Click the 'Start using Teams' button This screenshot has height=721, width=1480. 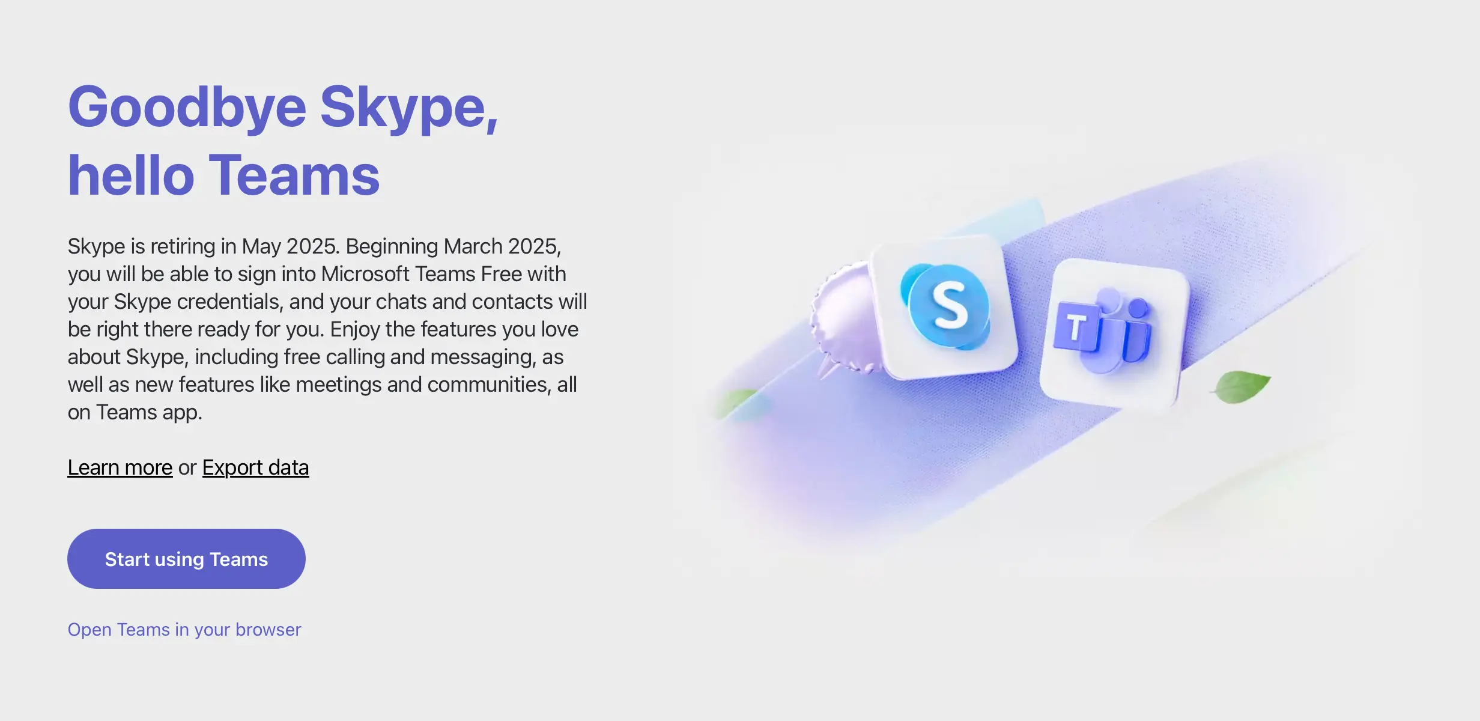click(186, 559)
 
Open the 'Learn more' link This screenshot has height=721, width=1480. click(120, 467)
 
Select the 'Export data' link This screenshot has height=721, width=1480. click(256, 467)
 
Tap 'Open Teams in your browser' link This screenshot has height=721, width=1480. click(184, 629)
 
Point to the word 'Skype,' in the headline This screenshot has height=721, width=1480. click(409, 108)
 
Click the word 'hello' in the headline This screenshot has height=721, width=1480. click(131, 175)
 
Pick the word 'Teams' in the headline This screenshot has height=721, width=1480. click(294, 175)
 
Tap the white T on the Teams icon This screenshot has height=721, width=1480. click(1076, 328)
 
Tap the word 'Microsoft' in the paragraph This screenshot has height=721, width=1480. click(365, 274)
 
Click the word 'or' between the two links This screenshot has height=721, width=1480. click(187, 468)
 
